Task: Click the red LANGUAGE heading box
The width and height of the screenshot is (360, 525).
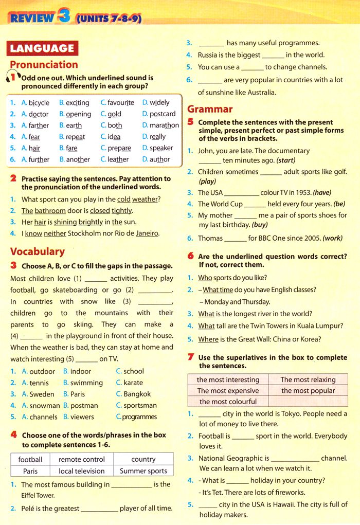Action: [x=42, y=48]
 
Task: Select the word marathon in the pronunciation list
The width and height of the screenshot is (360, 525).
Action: [x=164, y=125]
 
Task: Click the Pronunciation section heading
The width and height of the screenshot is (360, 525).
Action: [x=44, y=65]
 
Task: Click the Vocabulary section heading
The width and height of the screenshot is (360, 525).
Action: [x=38, y=251]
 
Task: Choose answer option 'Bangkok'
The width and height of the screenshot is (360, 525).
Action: [x=137, y=394]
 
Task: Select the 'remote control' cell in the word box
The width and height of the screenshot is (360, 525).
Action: [x=81, y=459]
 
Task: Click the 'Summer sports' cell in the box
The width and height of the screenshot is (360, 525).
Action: [x=143, y=470]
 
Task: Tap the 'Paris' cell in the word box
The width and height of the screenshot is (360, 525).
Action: [x=30, y=470]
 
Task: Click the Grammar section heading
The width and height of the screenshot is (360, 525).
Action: [x=210, y=109]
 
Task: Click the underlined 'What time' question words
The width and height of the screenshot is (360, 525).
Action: [x=218, y=289]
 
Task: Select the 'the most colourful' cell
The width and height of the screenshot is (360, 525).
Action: [x=228, y=402]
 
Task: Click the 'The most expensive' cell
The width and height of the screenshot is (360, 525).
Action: [x=228, y=390]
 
